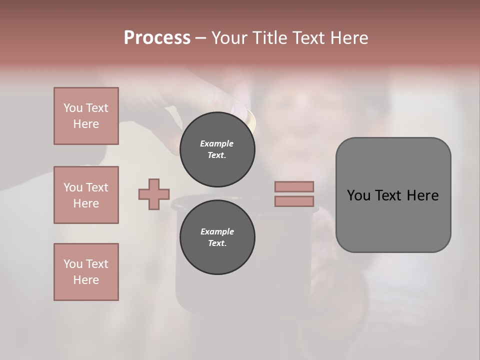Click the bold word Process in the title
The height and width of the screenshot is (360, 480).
coord(157,38)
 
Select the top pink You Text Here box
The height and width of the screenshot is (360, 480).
coord(86,116)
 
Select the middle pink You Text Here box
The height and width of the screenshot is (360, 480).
coord(86,195)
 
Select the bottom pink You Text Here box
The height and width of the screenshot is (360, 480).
coord(86,272)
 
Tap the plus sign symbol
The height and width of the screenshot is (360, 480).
coord(154,194)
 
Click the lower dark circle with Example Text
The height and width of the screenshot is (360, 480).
coord(217,237)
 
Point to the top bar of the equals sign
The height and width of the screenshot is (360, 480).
coord(294,186)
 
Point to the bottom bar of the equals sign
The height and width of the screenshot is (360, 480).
coord(294,201)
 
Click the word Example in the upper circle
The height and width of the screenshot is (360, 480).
coord(217,143)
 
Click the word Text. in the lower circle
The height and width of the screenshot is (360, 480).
coord(217,243)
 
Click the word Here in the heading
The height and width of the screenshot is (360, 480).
coord(348,38)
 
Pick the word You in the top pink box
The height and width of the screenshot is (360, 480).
coord(72,108)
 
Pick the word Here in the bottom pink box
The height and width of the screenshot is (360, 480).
coord(86,280)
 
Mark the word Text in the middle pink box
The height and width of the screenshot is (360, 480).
coord(96,187)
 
